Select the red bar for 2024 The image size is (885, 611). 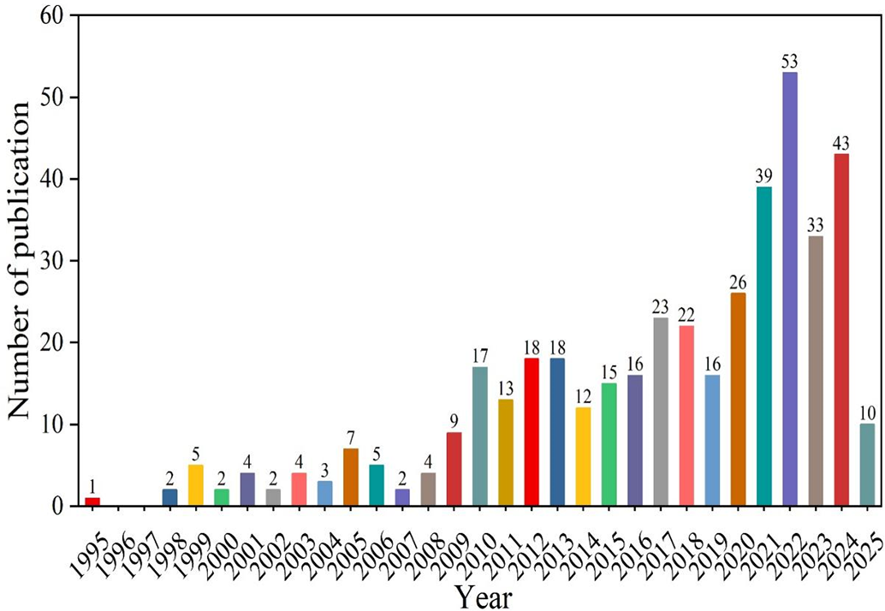tap(841, 329)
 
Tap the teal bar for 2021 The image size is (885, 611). tap(764, 346)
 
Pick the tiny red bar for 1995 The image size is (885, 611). tap(92, 501)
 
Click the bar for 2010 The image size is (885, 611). tap(480, 436)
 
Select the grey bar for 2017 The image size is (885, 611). tap(661, 412)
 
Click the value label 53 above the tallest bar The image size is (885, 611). tap(790, 62)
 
